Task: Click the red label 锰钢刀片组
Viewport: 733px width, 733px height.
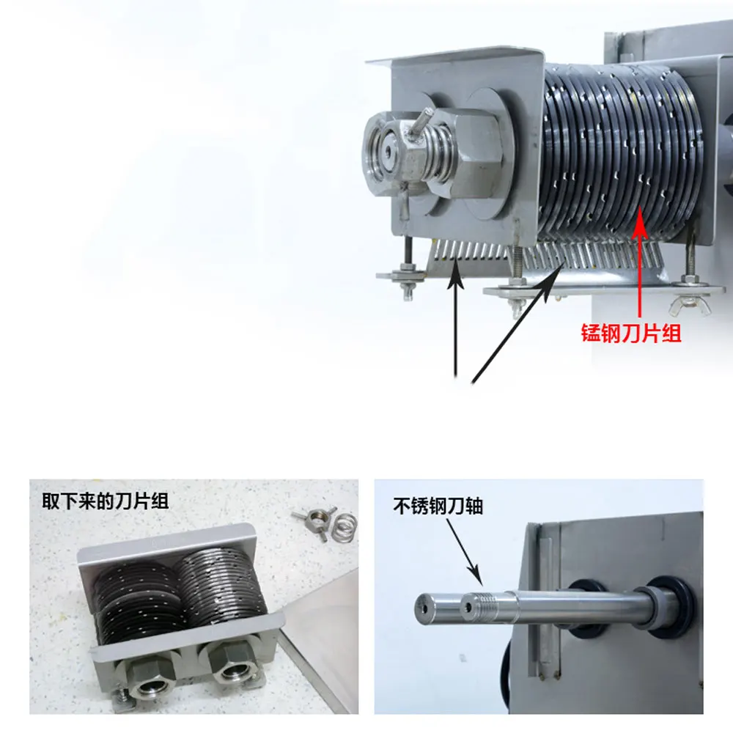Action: click(x=631, y=334)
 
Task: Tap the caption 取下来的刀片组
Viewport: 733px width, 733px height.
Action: click(x=106, y=501)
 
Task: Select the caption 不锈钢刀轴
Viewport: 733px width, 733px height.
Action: click(x=438, y=506)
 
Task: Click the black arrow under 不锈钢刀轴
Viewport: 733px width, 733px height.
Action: click(x=464, y=552)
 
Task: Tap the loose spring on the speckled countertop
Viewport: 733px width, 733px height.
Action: click(x=345, y=526)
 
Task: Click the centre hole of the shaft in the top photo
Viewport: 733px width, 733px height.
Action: click(x=388, y=151)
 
